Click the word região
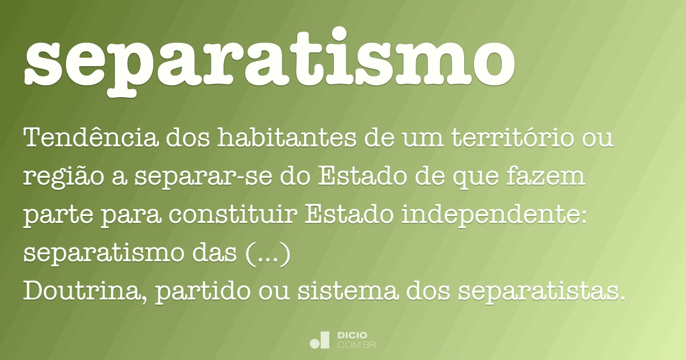point(54,178)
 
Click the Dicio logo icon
point(320,340)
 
